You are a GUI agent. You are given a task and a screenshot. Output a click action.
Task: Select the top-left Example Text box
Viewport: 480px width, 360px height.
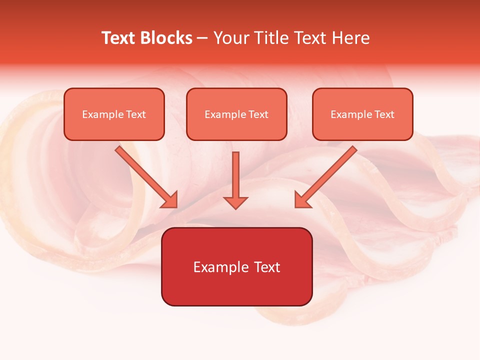coord(114,114)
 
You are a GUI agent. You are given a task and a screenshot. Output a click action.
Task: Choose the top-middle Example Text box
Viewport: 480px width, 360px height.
coord(236,114)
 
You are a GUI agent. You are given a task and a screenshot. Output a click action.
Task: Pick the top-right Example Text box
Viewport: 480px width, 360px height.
coord(362,114)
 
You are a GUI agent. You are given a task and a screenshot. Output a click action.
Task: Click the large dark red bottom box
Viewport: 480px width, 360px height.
coord(236,266)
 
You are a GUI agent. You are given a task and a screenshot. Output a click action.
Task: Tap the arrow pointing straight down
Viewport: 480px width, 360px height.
coord(235,180)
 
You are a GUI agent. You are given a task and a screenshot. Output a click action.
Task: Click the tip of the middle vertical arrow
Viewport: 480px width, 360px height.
coord(235,207)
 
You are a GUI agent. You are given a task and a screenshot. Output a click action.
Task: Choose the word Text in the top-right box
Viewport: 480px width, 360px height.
coord(384,114)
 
